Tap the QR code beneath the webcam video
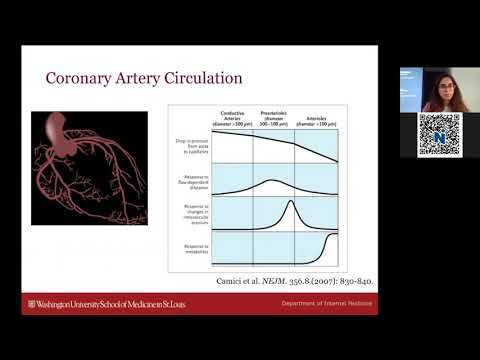439,135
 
